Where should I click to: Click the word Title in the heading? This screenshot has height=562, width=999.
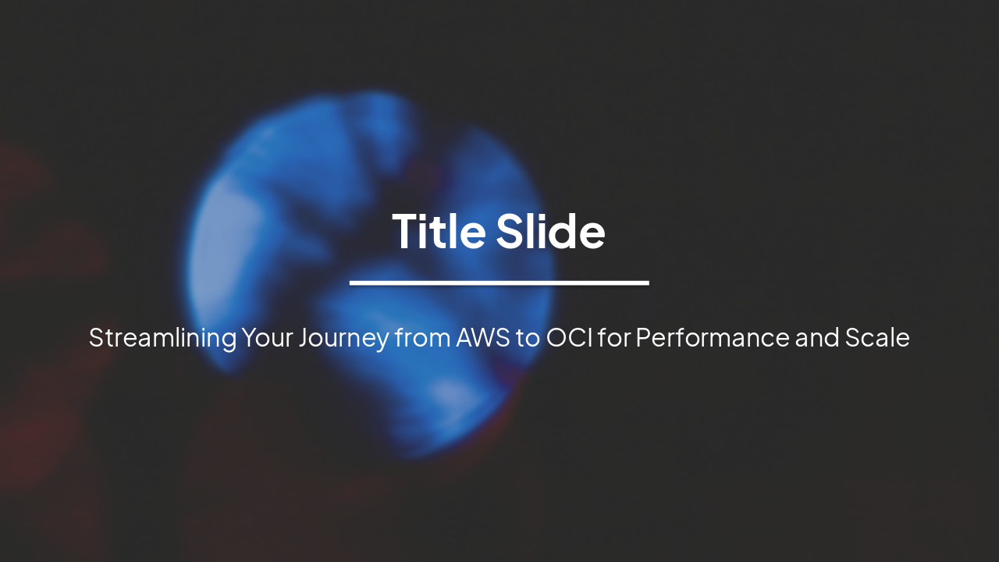[439, 232]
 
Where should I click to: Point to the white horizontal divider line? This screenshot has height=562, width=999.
[499, 283]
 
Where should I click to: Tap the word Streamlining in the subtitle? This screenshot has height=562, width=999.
[162, 338]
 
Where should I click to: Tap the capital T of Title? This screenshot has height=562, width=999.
[407, 232]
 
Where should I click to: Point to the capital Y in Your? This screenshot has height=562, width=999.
[250, 338]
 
